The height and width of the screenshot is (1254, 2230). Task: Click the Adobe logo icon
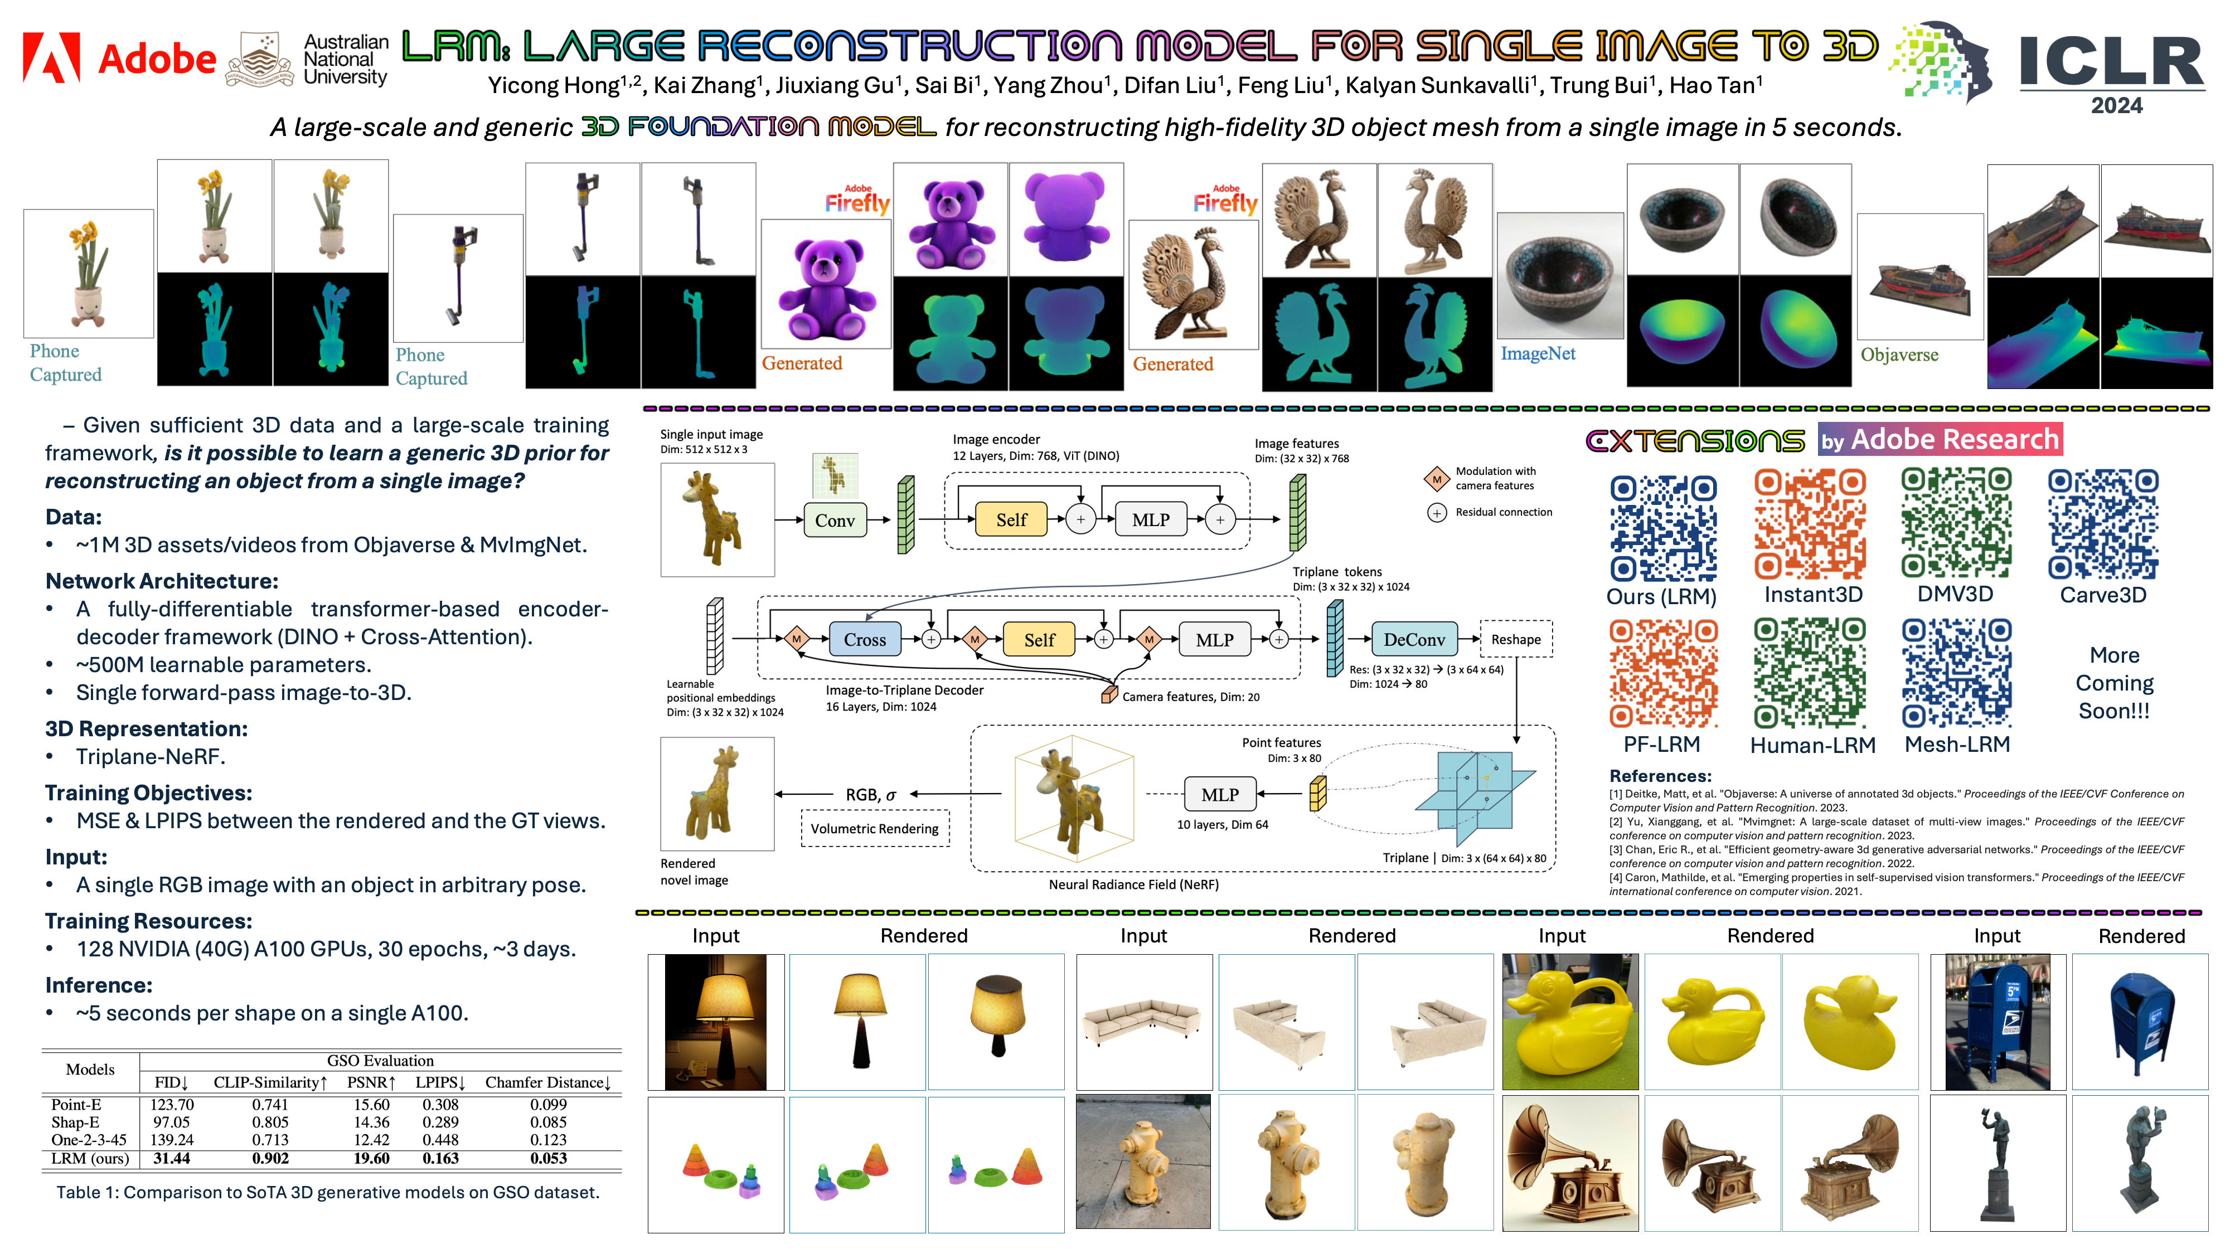click(x=51, y=58)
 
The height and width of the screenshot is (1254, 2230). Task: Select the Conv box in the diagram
click(x=835, y=520)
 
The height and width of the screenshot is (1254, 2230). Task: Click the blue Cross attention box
click(x=865, y=640)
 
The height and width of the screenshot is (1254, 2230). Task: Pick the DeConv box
click(x=1414, y=640)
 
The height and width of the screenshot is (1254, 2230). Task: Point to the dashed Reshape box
click(x=1516, y=640)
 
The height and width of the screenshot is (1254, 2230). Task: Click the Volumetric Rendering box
click(x=874, y=828)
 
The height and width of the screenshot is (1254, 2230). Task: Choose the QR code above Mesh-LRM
click(x=1956, y=673)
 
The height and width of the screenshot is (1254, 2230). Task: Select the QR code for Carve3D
click(x=2103, y=523)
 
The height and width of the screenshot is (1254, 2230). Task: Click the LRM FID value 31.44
click(x=171, y=1158)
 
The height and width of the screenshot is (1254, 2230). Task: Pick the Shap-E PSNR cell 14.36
click(x=371, y=1121)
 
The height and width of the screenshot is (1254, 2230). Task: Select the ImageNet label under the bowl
click(x=1538, y=353)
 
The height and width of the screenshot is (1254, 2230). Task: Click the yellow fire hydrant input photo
click(x=1143, y=1162)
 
